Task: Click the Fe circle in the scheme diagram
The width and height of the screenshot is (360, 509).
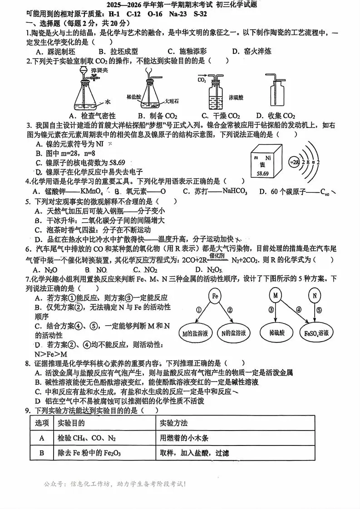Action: coord(216,296)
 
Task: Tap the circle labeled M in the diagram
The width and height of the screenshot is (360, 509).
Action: coord(275,295)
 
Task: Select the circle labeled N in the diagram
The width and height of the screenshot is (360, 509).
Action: coord(314,296)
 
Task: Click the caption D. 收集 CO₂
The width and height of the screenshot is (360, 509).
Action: coord(276,116)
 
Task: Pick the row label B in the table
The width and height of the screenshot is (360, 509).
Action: coord(42,453)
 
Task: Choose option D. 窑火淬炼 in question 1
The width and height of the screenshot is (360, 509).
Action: coord(252,51)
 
